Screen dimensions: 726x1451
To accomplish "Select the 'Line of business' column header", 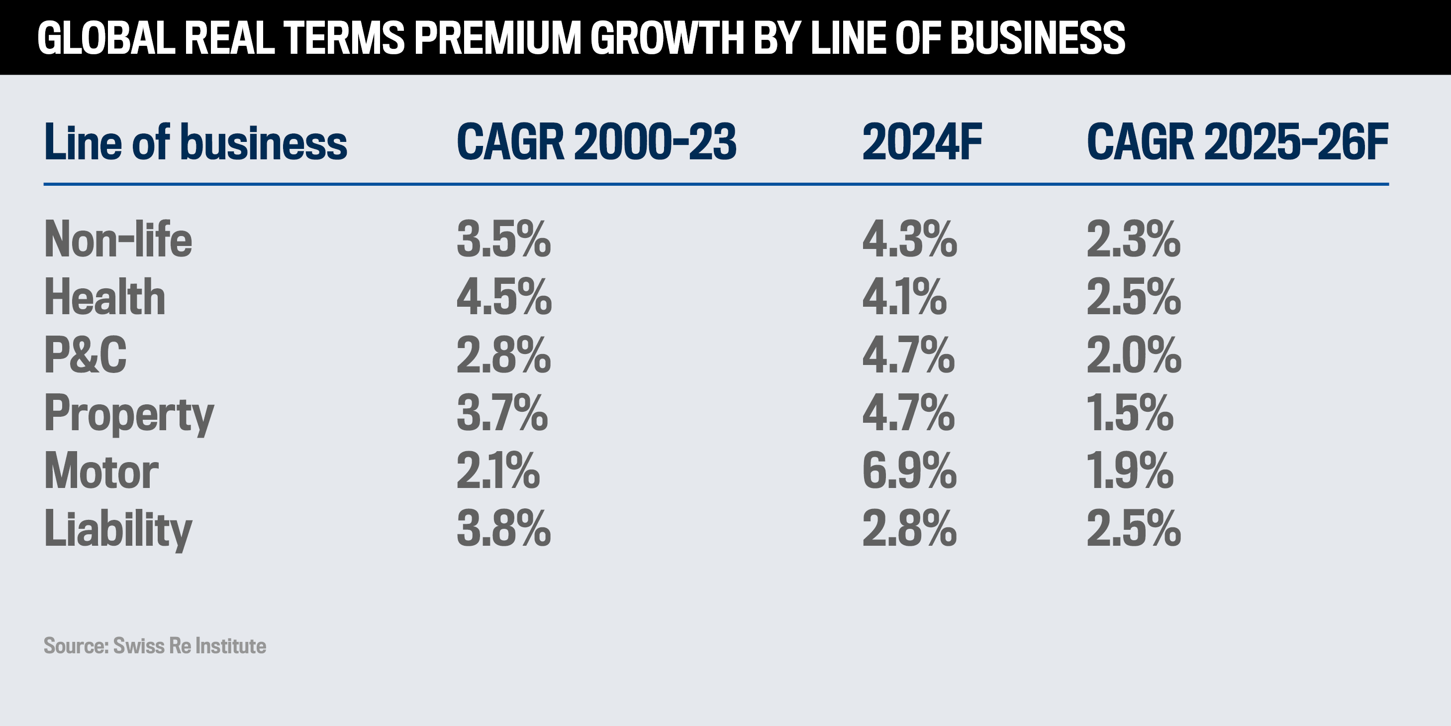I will (x=195, y=142).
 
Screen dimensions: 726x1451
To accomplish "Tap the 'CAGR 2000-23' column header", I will (x=596, y=142).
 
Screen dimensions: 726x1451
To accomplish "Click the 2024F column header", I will (x=922, y=142).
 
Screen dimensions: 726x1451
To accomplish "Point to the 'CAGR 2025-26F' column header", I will (x=1237, y=142).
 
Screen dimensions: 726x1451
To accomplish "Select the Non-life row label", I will (x=118, y=240).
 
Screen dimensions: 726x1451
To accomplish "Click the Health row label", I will (x=105, y=297).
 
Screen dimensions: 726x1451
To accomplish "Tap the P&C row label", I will (x=86, y=355).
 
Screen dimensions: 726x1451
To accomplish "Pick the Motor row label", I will (x=101, y=471).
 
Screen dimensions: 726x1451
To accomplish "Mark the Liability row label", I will (x=118, y=529).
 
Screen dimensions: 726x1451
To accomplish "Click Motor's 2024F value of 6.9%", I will (x=909, y=471).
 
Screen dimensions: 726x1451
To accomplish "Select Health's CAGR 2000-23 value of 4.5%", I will (x=504, y=297).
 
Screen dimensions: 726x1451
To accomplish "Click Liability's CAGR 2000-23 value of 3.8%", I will (x=503, y=529).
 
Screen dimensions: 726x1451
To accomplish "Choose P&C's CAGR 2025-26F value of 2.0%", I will (x=1134, y=355).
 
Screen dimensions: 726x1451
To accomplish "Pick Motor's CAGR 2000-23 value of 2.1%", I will (x=498, y=471).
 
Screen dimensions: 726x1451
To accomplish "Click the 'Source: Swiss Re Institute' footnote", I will (x=155, y=646).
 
